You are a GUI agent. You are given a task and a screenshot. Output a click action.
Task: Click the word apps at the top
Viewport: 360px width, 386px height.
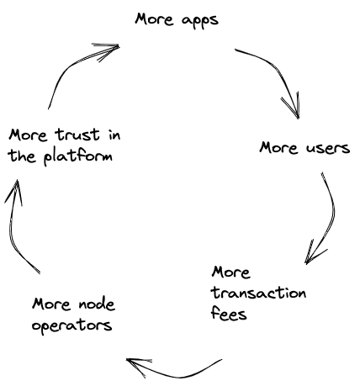point(200,21)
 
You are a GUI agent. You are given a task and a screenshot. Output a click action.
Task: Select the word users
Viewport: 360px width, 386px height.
point(328,148)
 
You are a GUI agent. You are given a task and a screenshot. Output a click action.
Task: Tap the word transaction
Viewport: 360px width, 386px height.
point(258,293)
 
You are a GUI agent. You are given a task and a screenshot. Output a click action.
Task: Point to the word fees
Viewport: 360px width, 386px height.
point(229,313)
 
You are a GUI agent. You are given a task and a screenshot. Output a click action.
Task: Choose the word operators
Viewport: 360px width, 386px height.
point(72,326)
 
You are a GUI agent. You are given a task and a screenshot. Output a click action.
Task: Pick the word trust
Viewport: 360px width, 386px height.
point(77,135)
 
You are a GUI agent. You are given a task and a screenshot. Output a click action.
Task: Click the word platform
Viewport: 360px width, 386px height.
point(78,156)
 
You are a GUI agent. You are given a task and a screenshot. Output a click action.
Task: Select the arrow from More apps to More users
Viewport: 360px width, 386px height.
point(280,73)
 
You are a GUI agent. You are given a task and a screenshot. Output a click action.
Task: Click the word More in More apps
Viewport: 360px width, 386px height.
point(154,19)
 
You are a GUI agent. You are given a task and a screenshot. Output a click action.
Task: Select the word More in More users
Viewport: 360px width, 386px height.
point(278,147)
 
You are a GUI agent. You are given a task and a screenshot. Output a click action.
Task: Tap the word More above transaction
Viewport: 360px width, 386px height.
point(230,272)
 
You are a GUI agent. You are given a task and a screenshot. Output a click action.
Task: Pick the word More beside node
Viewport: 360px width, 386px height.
point(51,304)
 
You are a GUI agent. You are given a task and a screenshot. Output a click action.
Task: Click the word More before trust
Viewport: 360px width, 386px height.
point(28,135)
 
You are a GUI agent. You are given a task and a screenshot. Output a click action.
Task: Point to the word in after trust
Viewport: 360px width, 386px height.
point(114,135)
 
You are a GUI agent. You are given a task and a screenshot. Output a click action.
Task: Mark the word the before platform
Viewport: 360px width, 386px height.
point(22,156)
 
